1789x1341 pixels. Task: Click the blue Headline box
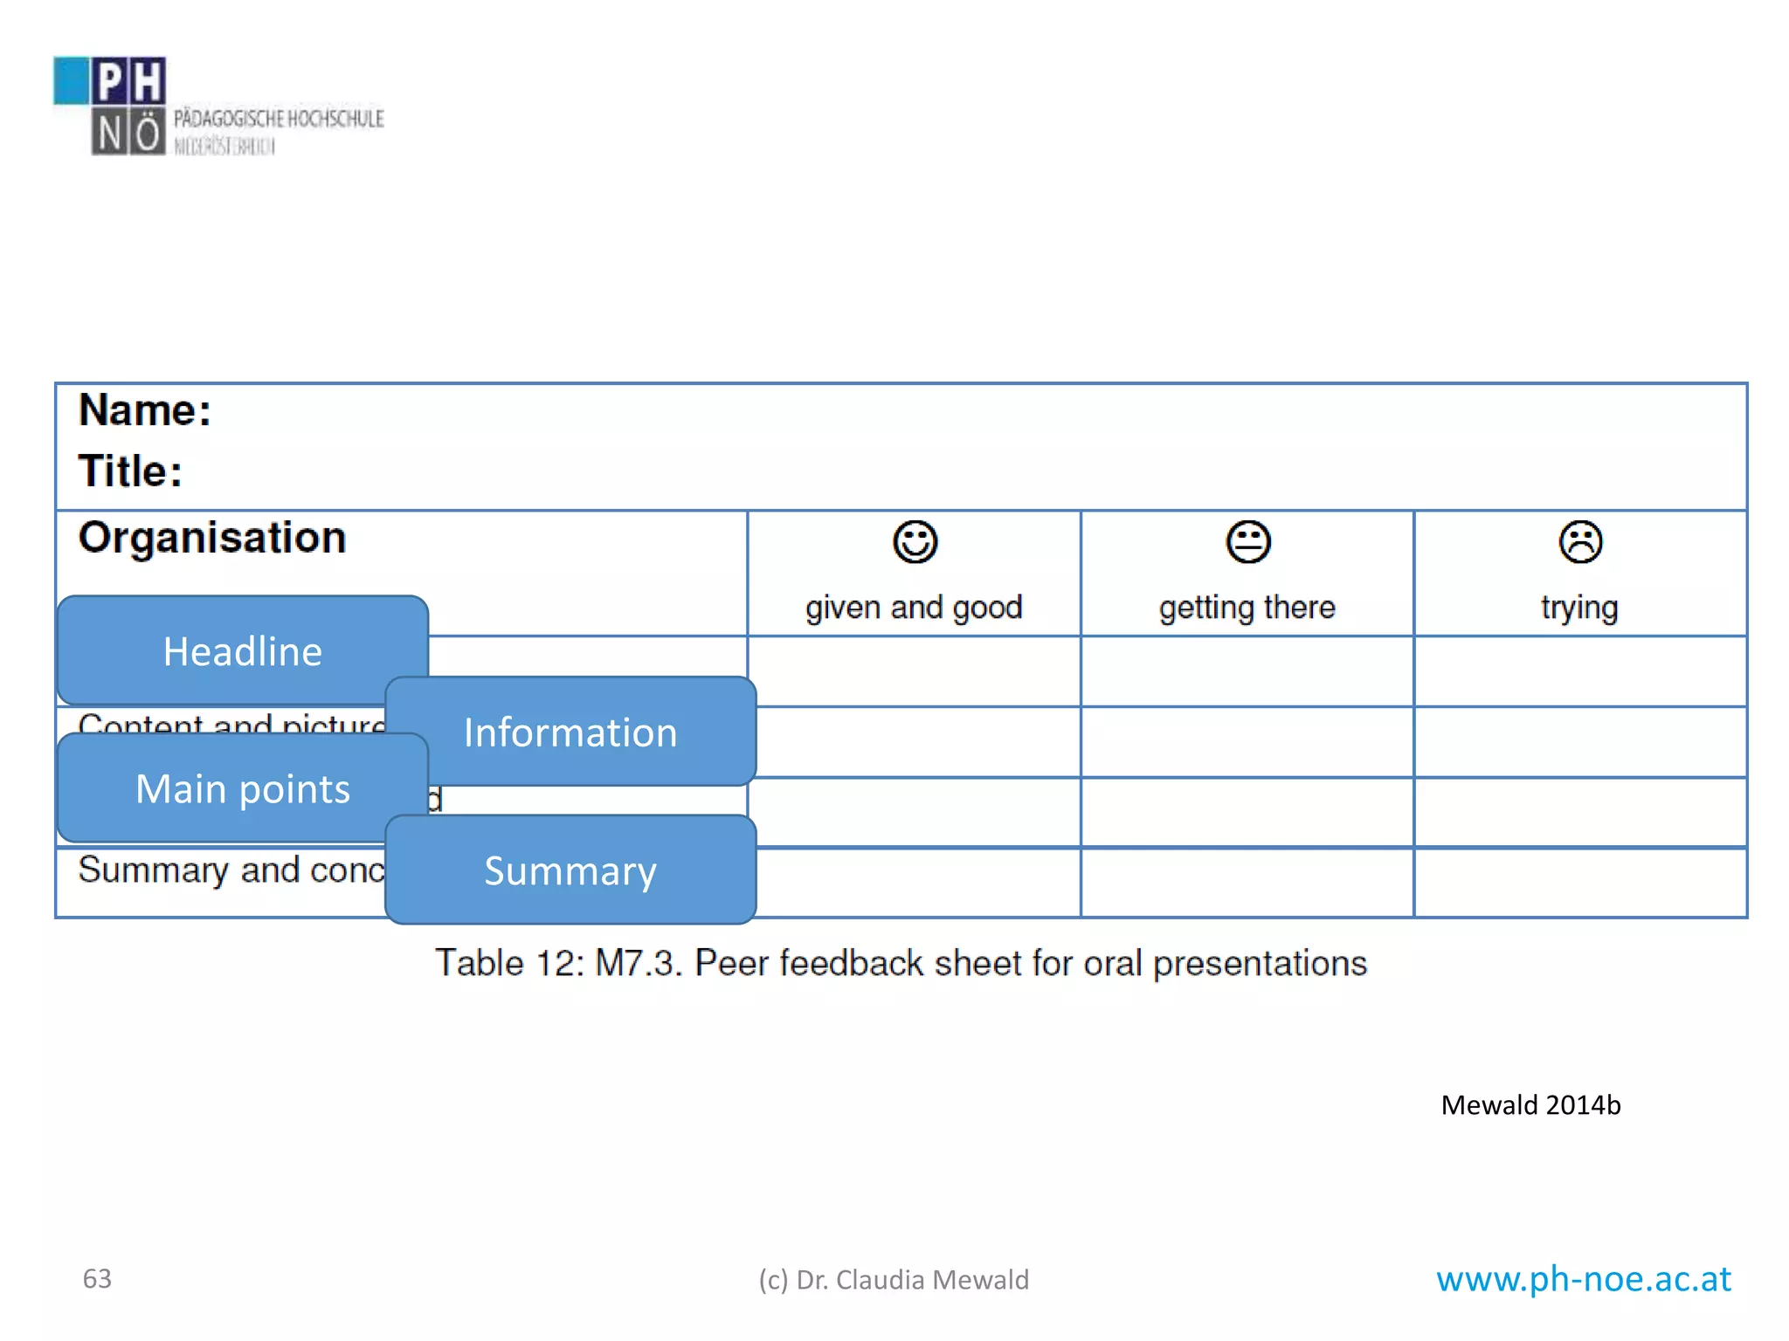(x=242, y=651)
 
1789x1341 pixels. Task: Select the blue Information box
(x=570, y=732)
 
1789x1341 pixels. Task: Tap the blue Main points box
(x=242, y=788)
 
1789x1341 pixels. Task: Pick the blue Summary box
(x=570, y=870)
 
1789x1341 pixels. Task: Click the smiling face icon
(x=915, y=542)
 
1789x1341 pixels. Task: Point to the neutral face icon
(x=1247, y=542)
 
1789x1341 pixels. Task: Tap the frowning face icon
(x=1579, y=542)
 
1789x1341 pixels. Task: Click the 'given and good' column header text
(x=914, y=607)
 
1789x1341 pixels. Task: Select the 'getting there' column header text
(x=1247, y=607)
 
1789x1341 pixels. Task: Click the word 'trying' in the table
(x=1579, y=608)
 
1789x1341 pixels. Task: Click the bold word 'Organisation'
(x=212, y=537)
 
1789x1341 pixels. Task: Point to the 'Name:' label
(x=145, y=410)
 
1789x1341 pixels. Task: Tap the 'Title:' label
(x=130, y=471)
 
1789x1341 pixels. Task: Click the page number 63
(x=97, y=1278)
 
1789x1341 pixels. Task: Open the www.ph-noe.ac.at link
(x=1583, y=1278)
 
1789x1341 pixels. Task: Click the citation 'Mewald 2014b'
(x=1530, y=1105)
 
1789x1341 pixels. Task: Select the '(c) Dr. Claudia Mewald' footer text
(x=894, y=1280)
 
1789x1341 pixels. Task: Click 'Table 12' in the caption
(x=508, y=964)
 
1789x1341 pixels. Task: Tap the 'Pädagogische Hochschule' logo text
(x=278, y=119)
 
